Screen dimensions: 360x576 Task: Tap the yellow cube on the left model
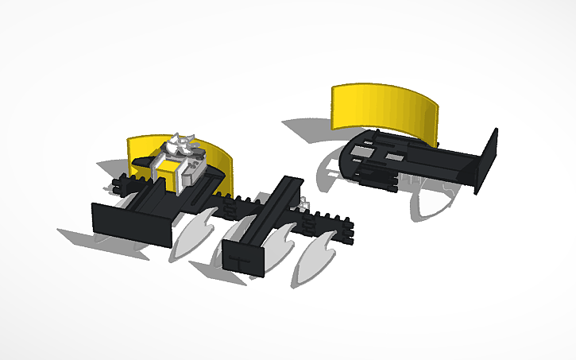point(168,172)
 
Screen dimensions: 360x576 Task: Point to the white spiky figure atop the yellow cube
point(180,145)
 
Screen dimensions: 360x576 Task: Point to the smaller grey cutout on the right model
point(394,157)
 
